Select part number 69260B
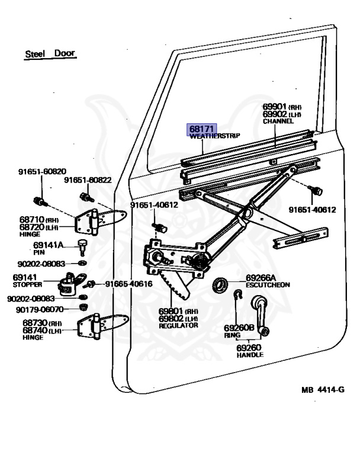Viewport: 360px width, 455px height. click(x=239, y=327)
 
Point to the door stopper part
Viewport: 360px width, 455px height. click(x=73, y=283)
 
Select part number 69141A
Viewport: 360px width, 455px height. click(x=49, y=245)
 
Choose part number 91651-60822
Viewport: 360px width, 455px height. click(x=88, y=180)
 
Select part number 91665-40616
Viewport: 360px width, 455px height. click(x=129, y=284)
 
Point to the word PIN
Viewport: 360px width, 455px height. click(x=39, y=252)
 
